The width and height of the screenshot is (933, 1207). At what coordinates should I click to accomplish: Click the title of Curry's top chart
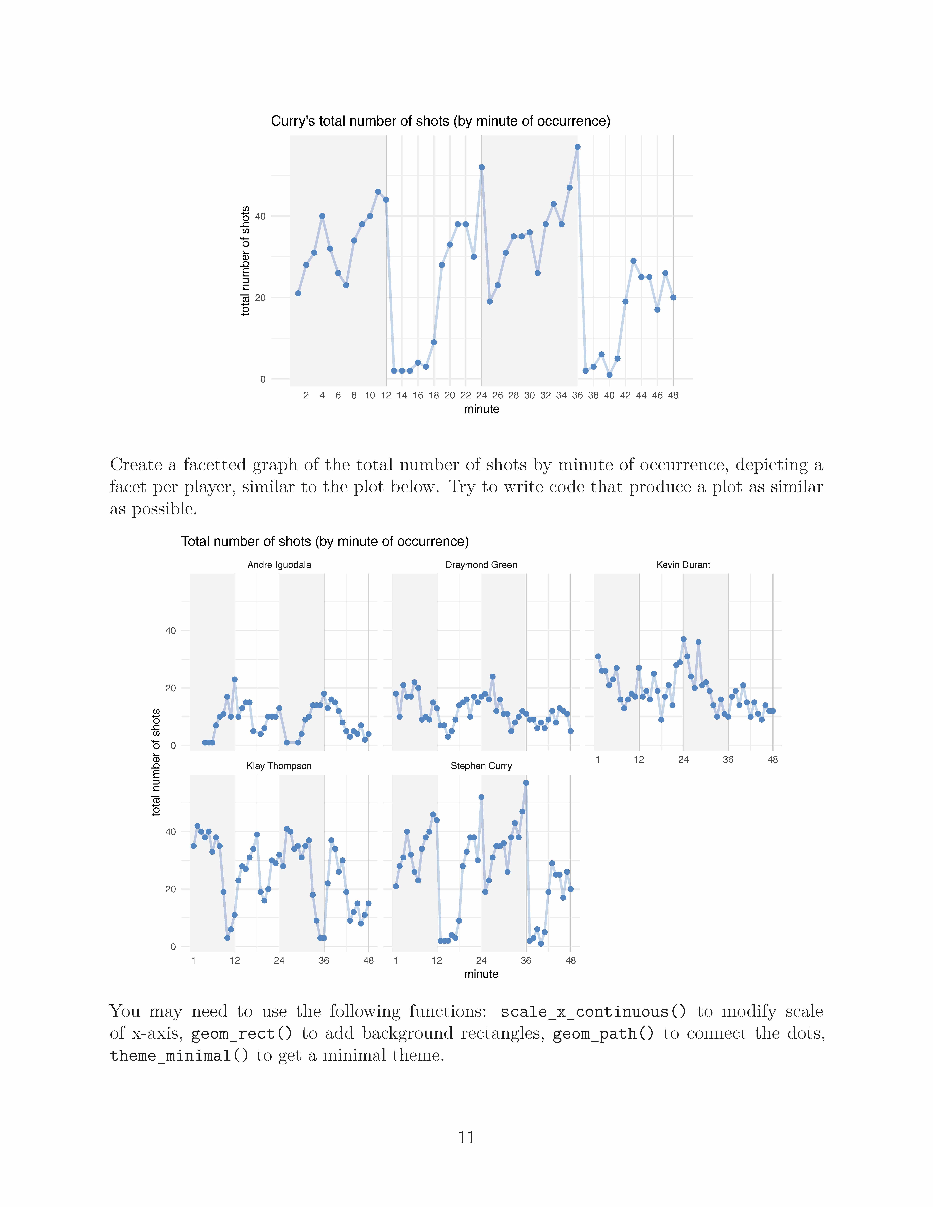coord(440,121)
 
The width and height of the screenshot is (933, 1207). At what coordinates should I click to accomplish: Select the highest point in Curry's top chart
coord(577,147)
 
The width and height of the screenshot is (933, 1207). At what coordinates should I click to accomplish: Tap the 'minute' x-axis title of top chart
coord(481,409)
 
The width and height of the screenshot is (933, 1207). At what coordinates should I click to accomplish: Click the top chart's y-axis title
coord(245,261)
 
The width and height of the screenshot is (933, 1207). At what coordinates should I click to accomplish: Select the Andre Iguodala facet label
coord(279,565)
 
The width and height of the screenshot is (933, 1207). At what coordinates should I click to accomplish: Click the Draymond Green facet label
coord(481,565)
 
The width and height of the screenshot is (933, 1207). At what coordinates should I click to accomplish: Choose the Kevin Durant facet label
coord(683,565)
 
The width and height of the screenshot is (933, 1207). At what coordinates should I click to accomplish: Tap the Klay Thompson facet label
coord(279,766)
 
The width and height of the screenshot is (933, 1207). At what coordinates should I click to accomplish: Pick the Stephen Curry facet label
coord(481,766)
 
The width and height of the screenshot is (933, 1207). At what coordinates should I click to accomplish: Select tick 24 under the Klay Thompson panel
coord(279,960)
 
